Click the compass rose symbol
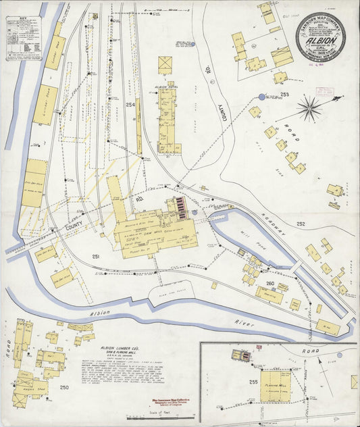(x=309, y=107)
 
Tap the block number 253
(x=285, y=94)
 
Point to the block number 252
(x=301, y=224)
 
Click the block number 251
(x=97, y=257)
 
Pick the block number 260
(x=270, y=265)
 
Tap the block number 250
(x=64, y=387)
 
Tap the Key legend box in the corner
(x=24, y=38)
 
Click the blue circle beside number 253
(x=262, y=97)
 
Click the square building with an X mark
(x=165, y=65)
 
